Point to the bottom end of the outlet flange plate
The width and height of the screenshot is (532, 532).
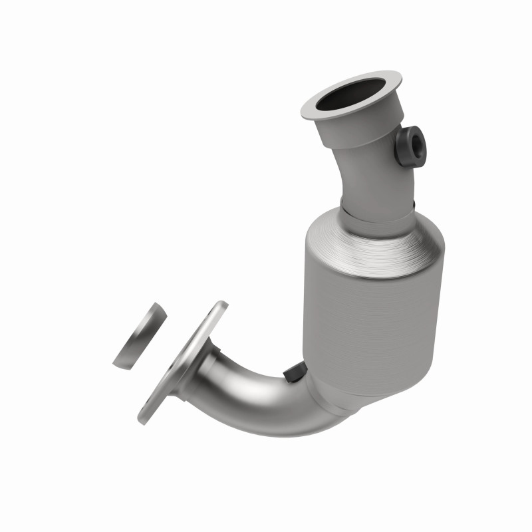click(144, 419)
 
